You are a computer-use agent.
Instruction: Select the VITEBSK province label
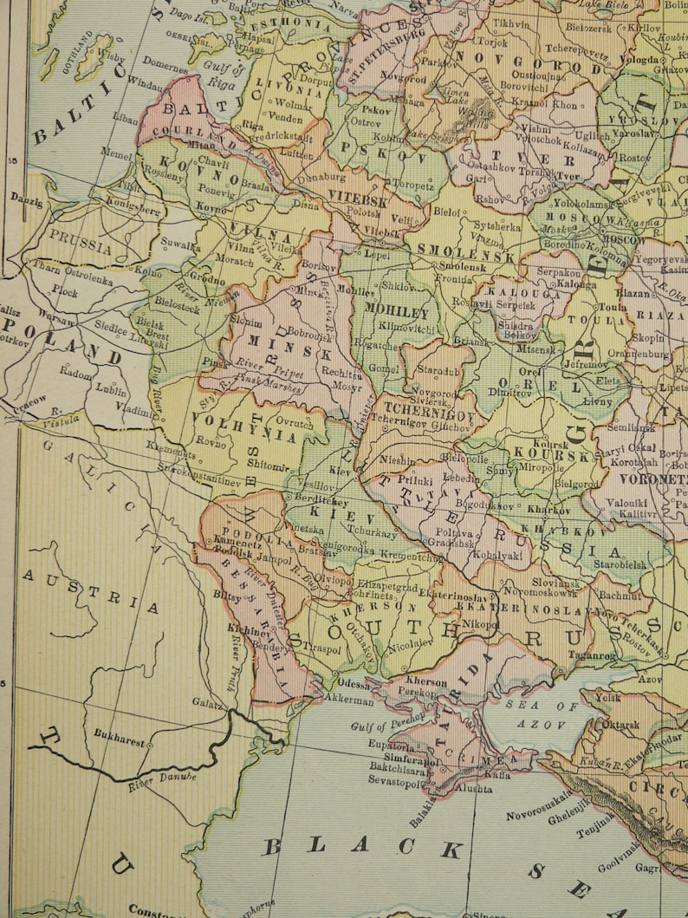pos(358,196)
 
